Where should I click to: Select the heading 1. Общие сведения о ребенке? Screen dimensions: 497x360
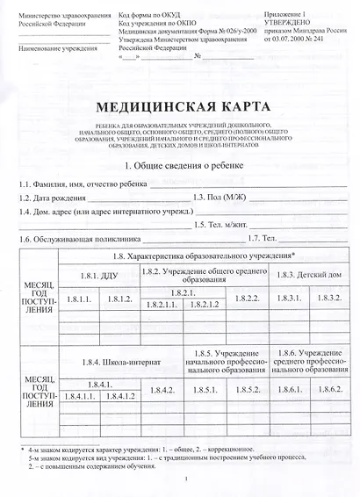pyautogui.click(x=180, y=166)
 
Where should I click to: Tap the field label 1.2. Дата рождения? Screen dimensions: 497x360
pyautogui.click(x=52, y=198)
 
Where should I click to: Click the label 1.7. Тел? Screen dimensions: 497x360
pyautogui.click(x=263, y=240)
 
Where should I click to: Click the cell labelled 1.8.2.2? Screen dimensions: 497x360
pyautogui.click(x=248, y=299)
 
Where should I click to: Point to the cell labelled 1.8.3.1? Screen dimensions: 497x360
pyautogui.click(x=289, y=299)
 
